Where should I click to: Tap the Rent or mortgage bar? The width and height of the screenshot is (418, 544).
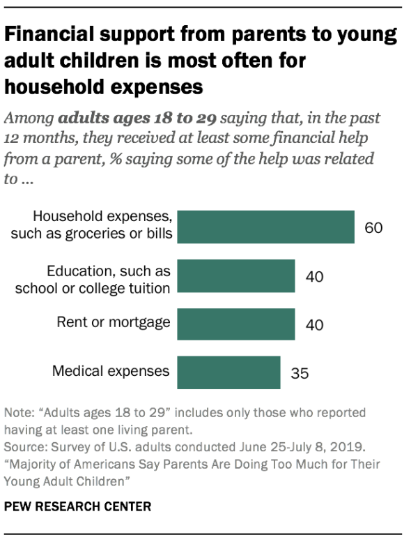tap(236, 323)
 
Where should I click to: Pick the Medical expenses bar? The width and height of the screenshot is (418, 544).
tap(229, 372)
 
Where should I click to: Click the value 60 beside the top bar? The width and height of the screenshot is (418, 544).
tap(374, 228)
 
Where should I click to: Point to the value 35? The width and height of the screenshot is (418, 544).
tap(300, 373)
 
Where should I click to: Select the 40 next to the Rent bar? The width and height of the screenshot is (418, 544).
tap(315, 324)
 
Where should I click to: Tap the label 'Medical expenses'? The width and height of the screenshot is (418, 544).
tap(111, 370)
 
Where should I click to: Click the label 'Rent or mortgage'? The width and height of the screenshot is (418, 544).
tap(113, 322)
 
